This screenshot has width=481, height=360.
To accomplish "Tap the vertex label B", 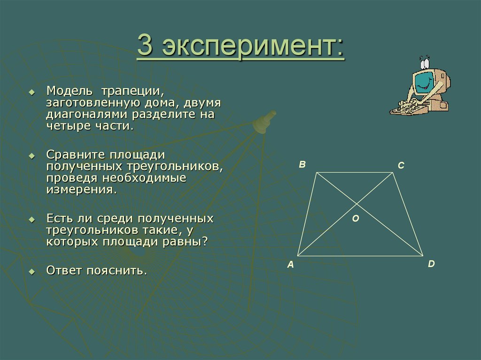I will click(x=303, y=164).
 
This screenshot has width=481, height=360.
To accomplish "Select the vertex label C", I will click(x=401, y=166).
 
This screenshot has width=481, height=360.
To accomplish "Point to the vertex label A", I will click(x=290, y=265).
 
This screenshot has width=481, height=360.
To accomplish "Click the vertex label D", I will click(x=431, y=264).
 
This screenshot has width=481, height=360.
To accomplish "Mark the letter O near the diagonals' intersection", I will click(x=355, y=218).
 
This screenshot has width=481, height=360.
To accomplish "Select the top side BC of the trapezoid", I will click(x=355, y=173).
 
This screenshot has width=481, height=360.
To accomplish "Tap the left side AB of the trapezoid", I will click(x=307, y=214).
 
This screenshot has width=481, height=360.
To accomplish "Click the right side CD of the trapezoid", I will click(x=408, y=214).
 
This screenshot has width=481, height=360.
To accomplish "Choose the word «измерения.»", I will click(x=81, y=190).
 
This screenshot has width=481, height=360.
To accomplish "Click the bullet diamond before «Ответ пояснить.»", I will click(x=32, y=272).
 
